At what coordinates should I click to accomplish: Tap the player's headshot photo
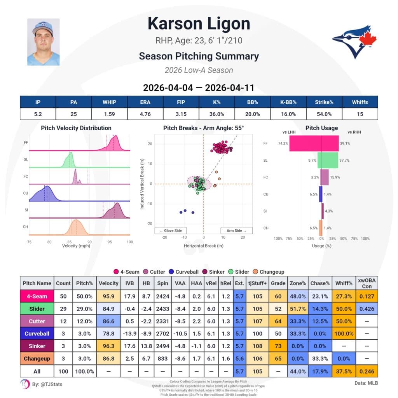tap(43, 42)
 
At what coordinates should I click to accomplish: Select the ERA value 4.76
tap(145, 114)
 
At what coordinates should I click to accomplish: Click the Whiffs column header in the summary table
tap(360, 102)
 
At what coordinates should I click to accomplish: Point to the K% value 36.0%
tap(216, 114)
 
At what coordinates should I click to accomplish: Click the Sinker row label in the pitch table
tap(37, 346)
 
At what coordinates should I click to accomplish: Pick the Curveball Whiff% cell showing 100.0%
tap(344, 333)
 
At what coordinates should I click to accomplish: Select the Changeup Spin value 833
tap(162, 359)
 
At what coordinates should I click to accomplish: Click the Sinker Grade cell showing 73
tap(278, 346)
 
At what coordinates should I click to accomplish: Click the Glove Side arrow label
tap(170, 230)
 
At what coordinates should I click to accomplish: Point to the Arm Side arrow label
tap(236, 230)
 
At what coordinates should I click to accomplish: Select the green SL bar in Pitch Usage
tap(328, 160)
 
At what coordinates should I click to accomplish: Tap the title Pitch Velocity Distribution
tap(76, 128)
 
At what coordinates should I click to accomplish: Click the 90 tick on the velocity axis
tap(89, 241)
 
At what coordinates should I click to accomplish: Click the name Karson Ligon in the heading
tap(199, 24)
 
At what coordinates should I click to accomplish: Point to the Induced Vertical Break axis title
tap(142, 183)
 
